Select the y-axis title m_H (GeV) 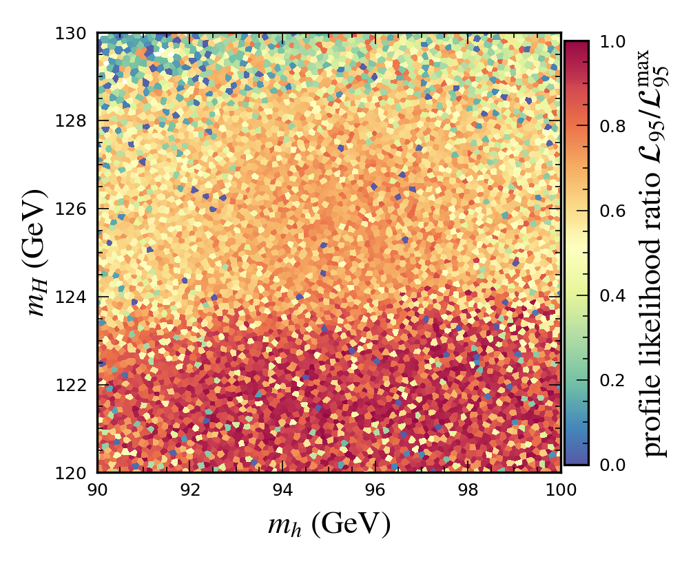[x=40, y=253]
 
